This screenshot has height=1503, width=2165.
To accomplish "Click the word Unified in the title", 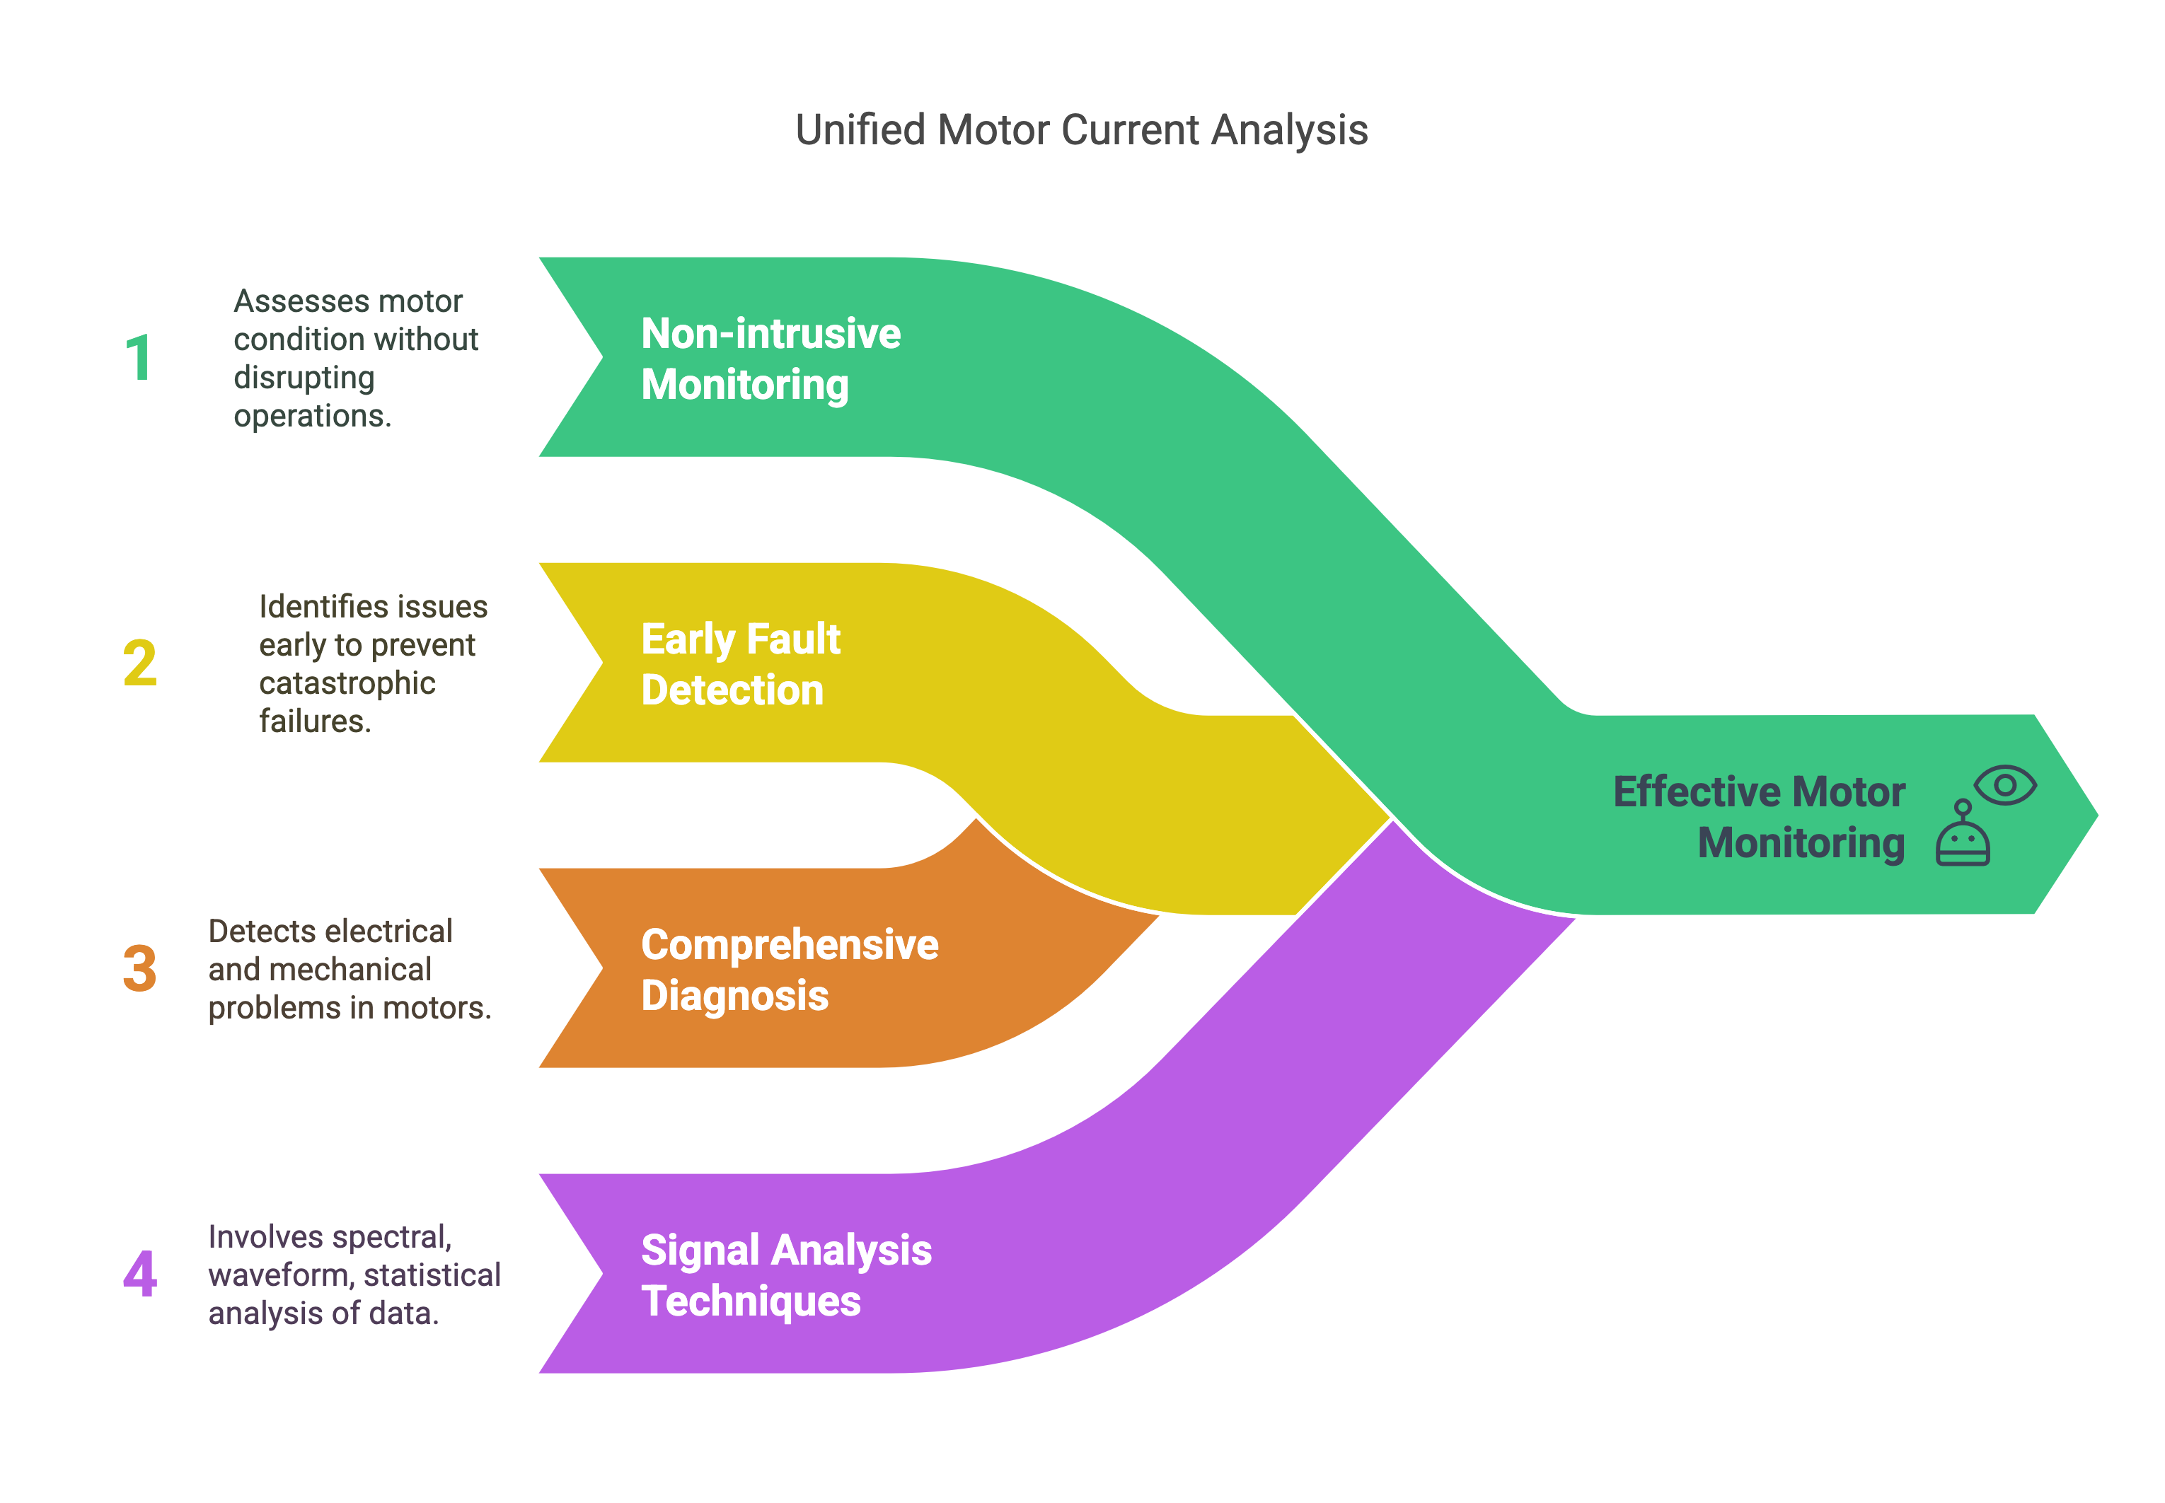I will pos(859,130).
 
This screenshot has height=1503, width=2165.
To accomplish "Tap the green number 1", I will pos(139,358).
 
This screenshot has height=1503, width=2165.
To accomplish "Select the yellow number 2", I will pos(139,663).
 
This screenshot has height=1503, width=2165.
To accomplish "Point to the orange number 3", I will pos(139,968).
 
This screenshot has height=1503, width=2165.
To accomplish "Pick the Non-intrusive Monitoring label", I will pos(770,359).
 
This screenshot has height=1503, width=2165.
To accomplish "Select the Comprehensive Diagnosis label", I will pos(789,969).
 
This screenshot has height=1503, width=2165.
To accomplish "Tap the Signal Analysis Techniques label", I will pos(786,1275).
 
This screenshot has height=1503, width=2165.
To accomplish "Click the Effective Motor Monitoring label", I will pos(1758,816).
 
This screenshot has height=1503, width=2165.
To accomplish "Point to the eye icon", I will pos(2005,784).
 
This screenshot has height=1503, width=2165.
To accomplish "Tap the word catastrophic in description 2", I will pos(347,683).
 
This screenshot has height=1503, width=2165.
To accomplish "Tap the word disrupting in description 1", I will pos(304,377).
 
